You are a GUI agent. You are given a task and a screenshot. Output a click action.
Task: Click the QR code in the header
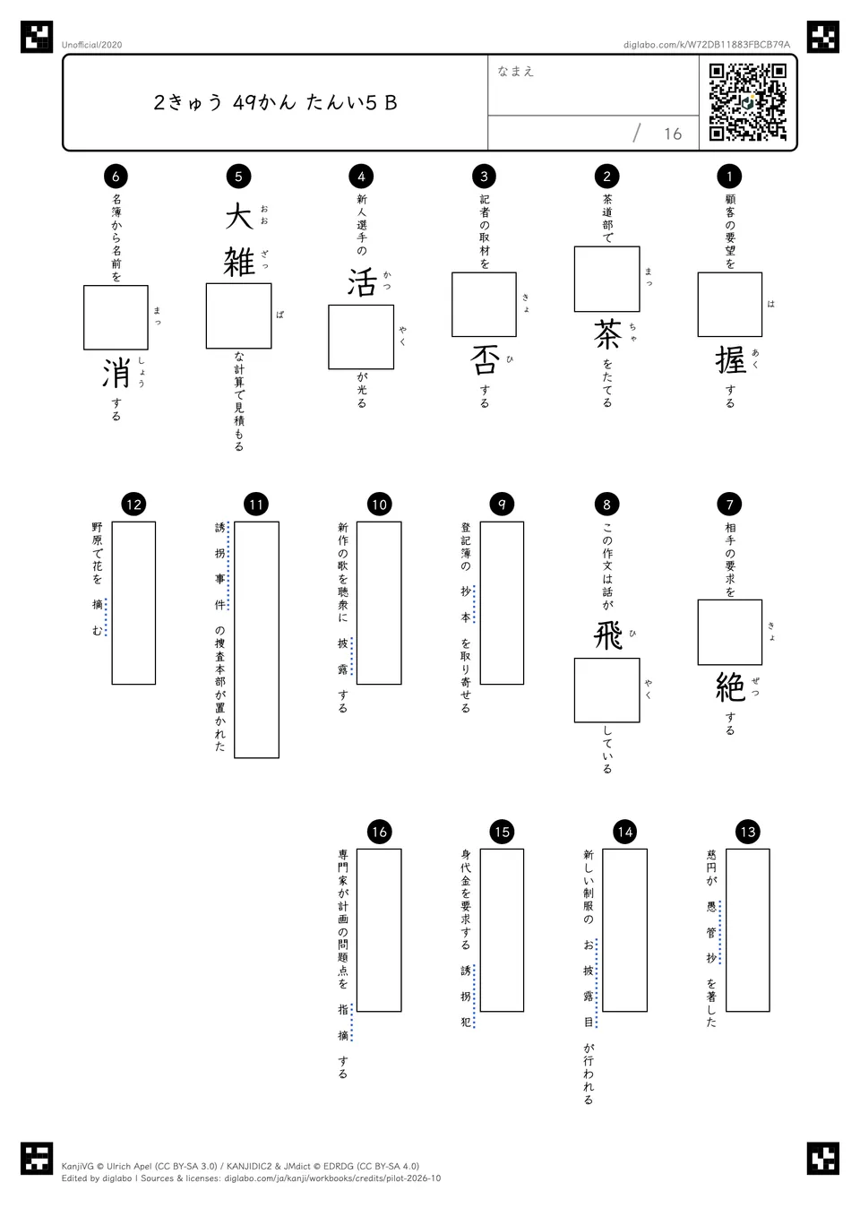coord(748,102)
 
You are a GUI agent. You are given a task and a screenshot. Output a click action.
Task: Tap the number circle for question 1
coord(729,176)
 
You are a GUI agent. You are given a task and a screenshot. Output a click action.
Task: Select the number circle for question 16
coord(379,832)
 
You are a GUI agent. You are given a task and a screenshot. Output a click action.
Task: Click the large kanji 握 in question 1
coord(730,360)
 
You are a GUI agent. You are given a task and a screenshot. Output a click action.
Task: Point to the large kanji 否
coord(485,360)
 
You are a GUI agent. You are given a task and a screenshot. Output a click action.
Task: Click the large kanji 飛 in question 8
coord(607,635)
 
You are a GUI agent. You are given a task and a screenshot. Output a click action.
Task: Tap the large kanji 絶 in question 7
coord(730,687)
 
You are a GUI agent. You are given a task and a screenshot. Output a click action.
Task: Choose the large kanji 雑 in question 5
coord(239,262)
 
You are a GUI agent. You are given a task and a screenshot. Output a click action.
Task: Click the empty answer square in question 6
coord(116,317)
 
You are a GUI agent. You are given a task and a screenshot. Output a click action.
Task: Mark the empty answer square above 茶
coord(607,279)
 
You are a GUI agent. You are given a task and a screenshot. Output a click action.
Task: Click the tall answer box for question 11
coord(256,640)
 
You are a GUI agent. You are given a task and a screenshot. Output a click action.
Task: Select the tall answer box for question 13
coord(748,929)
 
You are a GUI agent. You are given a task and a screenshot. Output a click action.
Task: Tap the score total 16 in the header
coord(673,134)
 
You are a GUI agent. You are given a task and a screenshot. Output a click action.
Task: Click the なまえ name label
coord(515,71)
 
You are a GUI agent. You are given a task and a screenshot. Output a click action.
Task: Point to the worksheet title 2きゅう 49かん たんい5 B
coord(275,102)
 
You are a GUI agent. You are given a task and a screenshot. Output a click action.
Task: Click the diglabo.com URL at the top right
coord(706,45)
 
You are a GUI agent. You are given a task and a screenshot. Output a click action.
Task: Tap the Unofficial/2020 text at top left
coord(91,45)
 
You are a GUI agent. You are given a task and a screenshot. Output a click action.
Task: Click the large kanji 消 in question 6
coord(116,373)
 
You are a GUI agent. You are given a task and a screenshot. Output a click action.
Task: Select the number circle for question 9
coord(502,504)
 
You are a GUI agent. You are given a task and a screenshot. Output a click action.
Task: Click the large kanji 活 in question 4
coord(362,282)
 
